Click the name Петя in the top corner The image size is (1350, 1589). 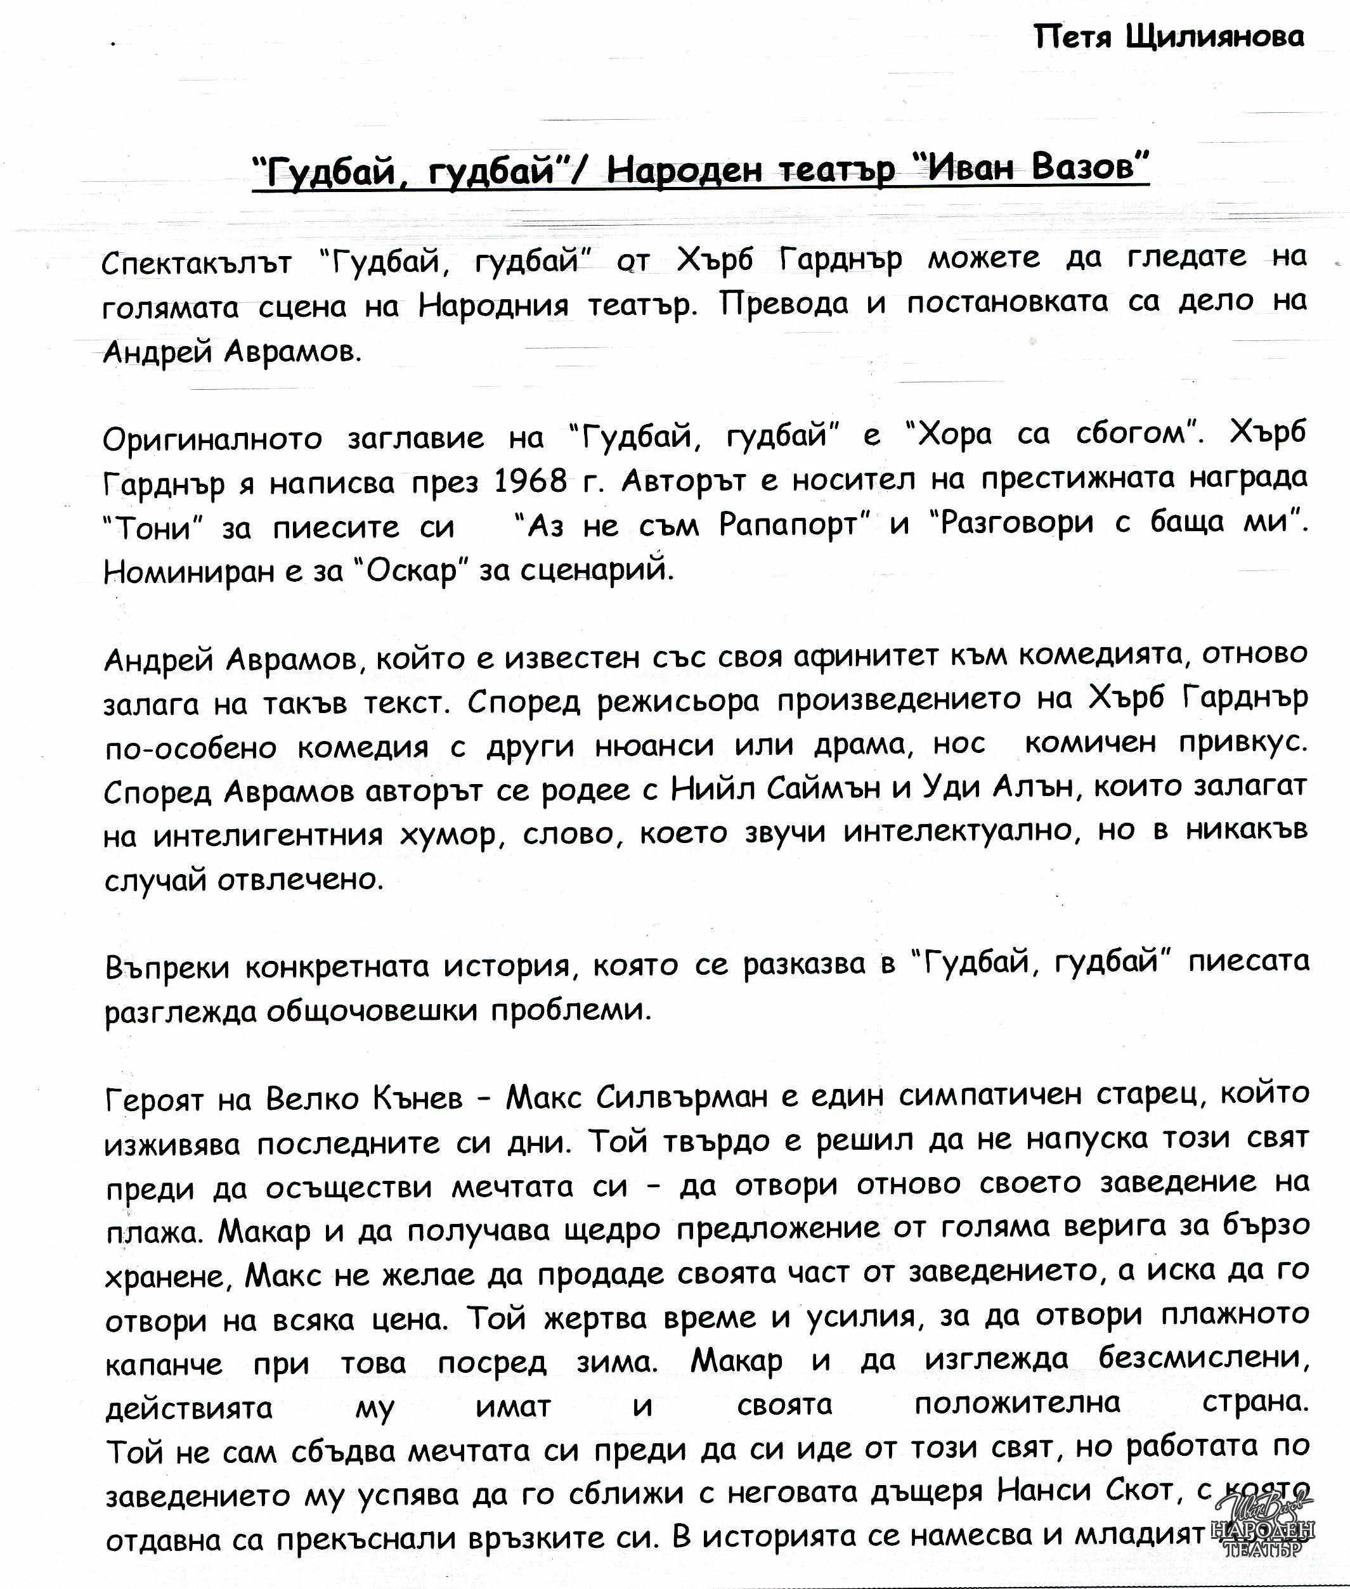point(1072,36)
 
